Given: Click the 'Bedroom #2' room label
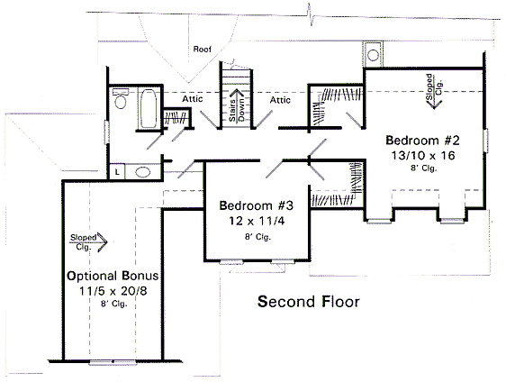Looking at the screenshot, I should click(422, 141).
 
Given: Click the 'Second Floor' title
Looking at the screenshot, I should click(309, 301).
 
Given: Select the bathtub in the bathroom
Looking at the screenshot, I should click(146, 108).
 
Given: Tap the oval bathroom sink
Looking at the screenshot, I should click(141, 172).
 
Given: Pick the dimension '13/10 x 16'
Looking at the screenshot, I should click(422, 155).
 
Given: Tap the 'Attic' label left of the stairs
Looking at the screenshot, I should click(192, 100).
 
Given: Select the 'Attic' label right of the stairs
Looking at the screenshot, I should click(280, 100).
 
